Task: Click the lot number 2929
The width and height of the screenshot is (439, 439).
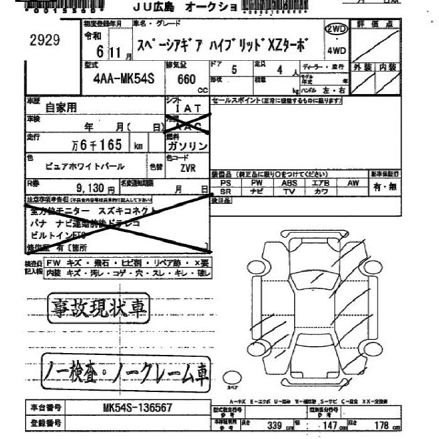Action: pyautogui.click(x=45, y=41)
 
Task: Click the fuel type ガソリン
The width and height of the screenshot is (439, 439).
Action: pyautogui.click(x=187, y=145)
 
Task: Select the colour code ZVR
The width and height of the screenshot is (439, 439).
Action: pyautogui.click(x=188, y=167)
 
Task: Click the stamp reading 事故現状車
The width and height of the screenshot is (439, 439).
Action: pyautogui.click(x=97, y=306)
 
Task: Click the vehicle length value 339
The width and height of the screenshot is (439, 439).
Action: pyautogui.click(x=273, y=426)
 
